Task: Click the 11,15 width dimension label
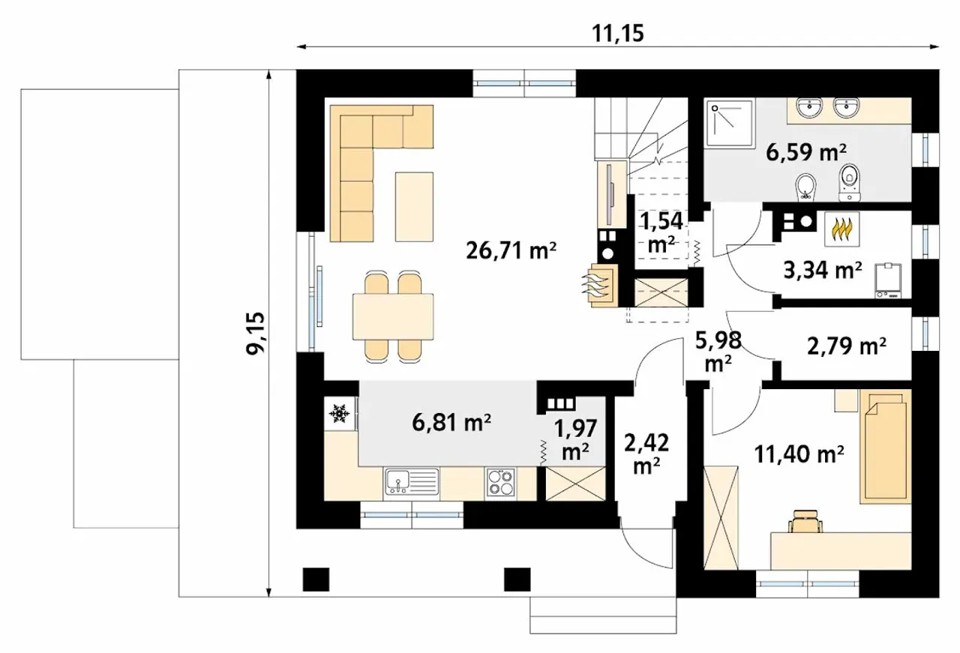pos(617,34)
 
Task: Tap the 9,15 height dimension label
pos(256,334)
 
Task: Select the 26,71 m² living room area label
pos(511,250)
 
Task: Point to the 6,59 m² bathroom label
pos(805,152)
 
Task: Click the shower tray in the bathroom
pos(730,124)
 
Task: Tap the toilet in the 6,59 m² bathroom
pos(849,182)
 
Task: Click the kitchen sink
pos(412,482)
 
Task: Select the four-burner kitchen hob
pos(499,483)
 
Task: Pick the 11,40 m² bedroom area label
pos(799,454)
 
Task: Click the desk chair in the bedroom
pos(805,521)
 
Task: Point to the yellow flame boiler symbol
pos(841,229)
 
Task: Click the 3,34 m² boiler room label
pos(823,271)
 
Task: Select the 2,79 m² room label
pos(847,346)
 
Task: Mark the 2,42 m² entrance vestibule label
pos(646,454)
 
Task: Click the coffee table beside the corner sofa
pos(414,207)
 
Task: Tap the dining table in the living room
pos(393,316)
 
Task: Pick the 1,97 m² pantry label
pos(575,440)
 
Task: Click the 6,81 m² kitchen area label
pos(451,423)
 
